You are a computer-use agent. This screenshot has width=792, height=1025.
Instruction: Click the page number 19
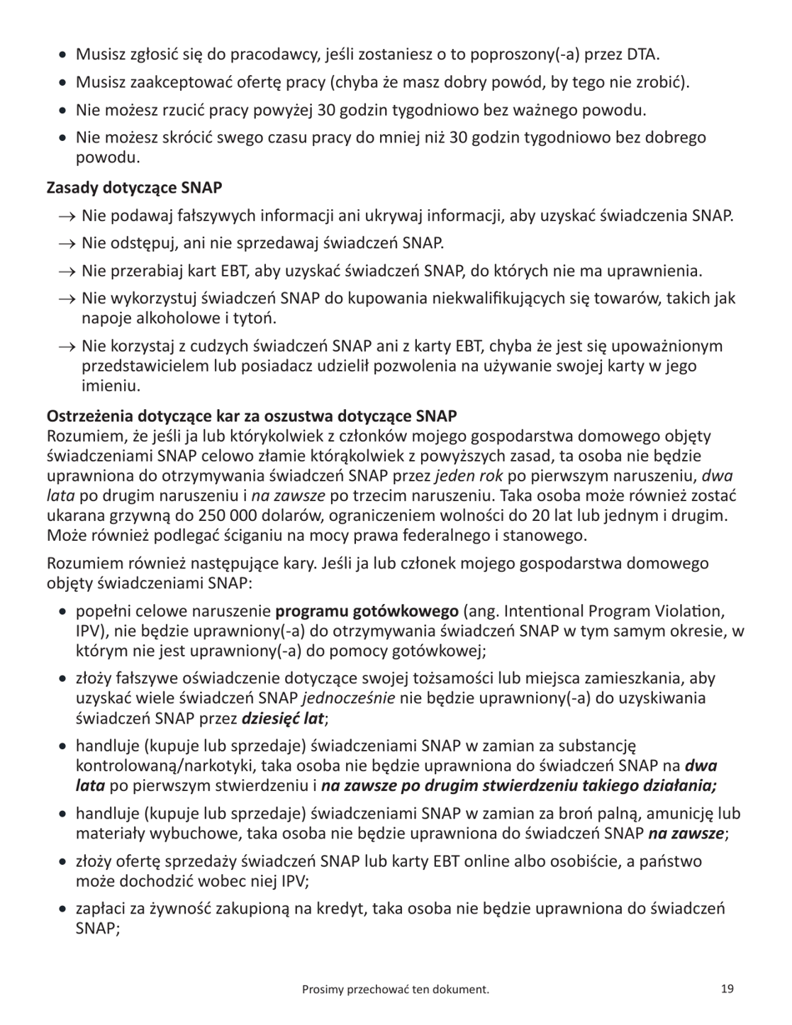click(x=727, y=989)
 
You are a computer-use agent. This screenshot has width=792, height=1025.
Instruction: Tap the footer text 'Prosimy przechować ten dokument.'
click(x=394, y=989)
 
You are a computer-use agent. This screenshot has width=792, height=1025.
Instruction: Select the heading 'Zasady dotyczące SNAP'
click(x=134, y=188)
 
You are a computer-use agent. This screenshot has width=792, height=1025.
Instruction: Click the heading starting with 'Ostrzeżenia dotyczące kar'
click(x=252, y=415)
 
